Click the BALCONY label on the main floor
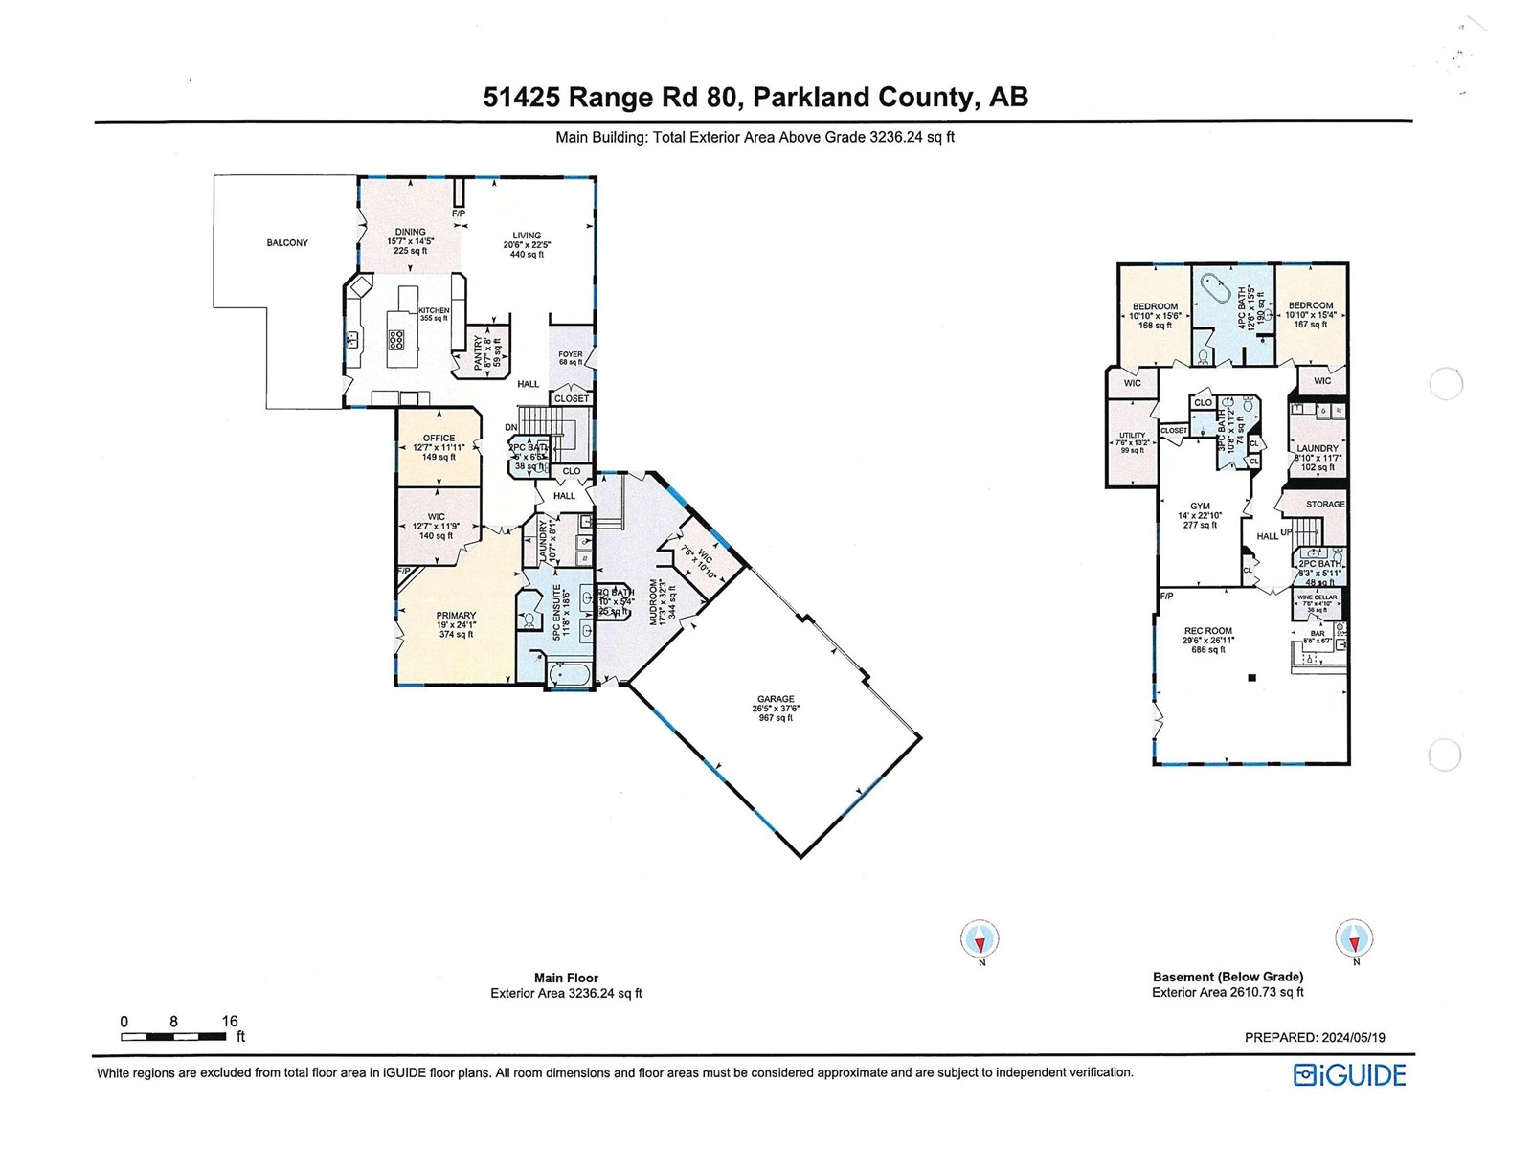click(287, 243)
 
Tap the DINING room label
click(411, 232)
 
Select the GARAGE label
click(776, 699)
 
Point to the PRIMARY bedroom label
click(456, 616)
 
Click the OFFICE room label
click(439, 439)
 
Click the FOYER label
click(571, 354)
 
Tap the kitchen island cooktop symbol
click(395, 339)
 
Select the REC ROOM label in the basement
click(1207, 631)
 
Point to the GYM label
click(1200, 507)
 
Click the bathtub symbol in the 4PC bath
click(1216, 288)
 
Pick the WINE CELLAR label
click(1318, 597)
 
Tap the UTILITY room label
click(1132, 436)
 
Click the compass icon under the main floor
click(980, 938)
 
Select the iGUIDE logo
click(1349, 1075)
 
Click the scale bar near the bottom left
click(173, 1037)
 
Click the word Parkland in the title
click(808, 97)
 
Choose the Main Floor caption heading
click(566, 978)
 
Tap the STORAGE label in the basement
click(1325, 504)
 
